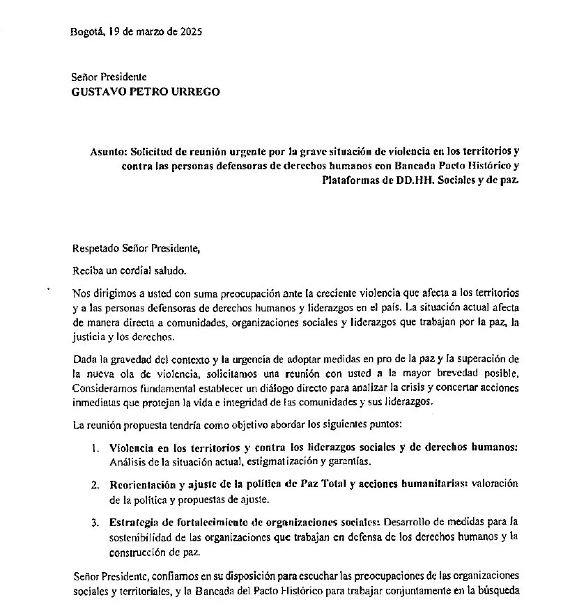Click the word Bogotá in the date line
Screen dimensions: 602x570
(x=87, y=31)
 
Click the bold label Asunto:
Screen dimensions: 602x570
(x=109, y=150)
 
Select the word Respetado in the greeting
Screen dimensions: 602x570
(x=95, y=247)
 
